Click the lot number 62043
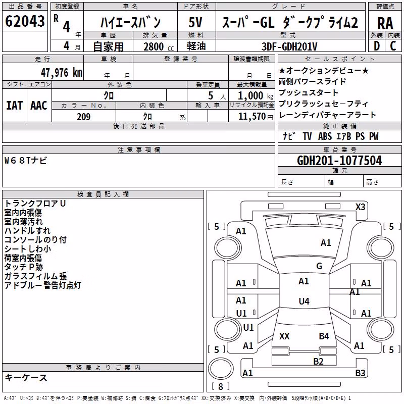(25, 21)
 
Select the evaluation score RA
(385, 23)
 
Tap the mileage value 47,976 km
(62, 73)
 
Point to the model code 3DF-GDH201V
(289, 46)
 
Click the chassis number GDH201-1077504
(339, 161)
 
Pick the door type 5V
(195, 22)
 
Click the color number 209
(83, 117)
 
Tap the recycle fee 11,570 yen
(256, 117)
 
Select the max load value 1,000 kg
(256, 96)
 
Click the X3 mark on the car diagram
(360, 207)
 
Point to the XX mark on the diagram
(284, 336)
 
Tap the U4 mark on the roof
(304, 301)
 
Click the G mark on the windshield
(319, 266)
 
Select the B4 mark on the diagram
(324, 336)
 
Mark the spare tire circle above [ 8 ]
(221, 368)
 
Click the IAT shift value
(14, 106)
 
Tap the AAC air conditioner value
(39, 106)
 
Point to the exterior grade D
(377, 46)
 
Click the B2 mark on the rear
(318, 362)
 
